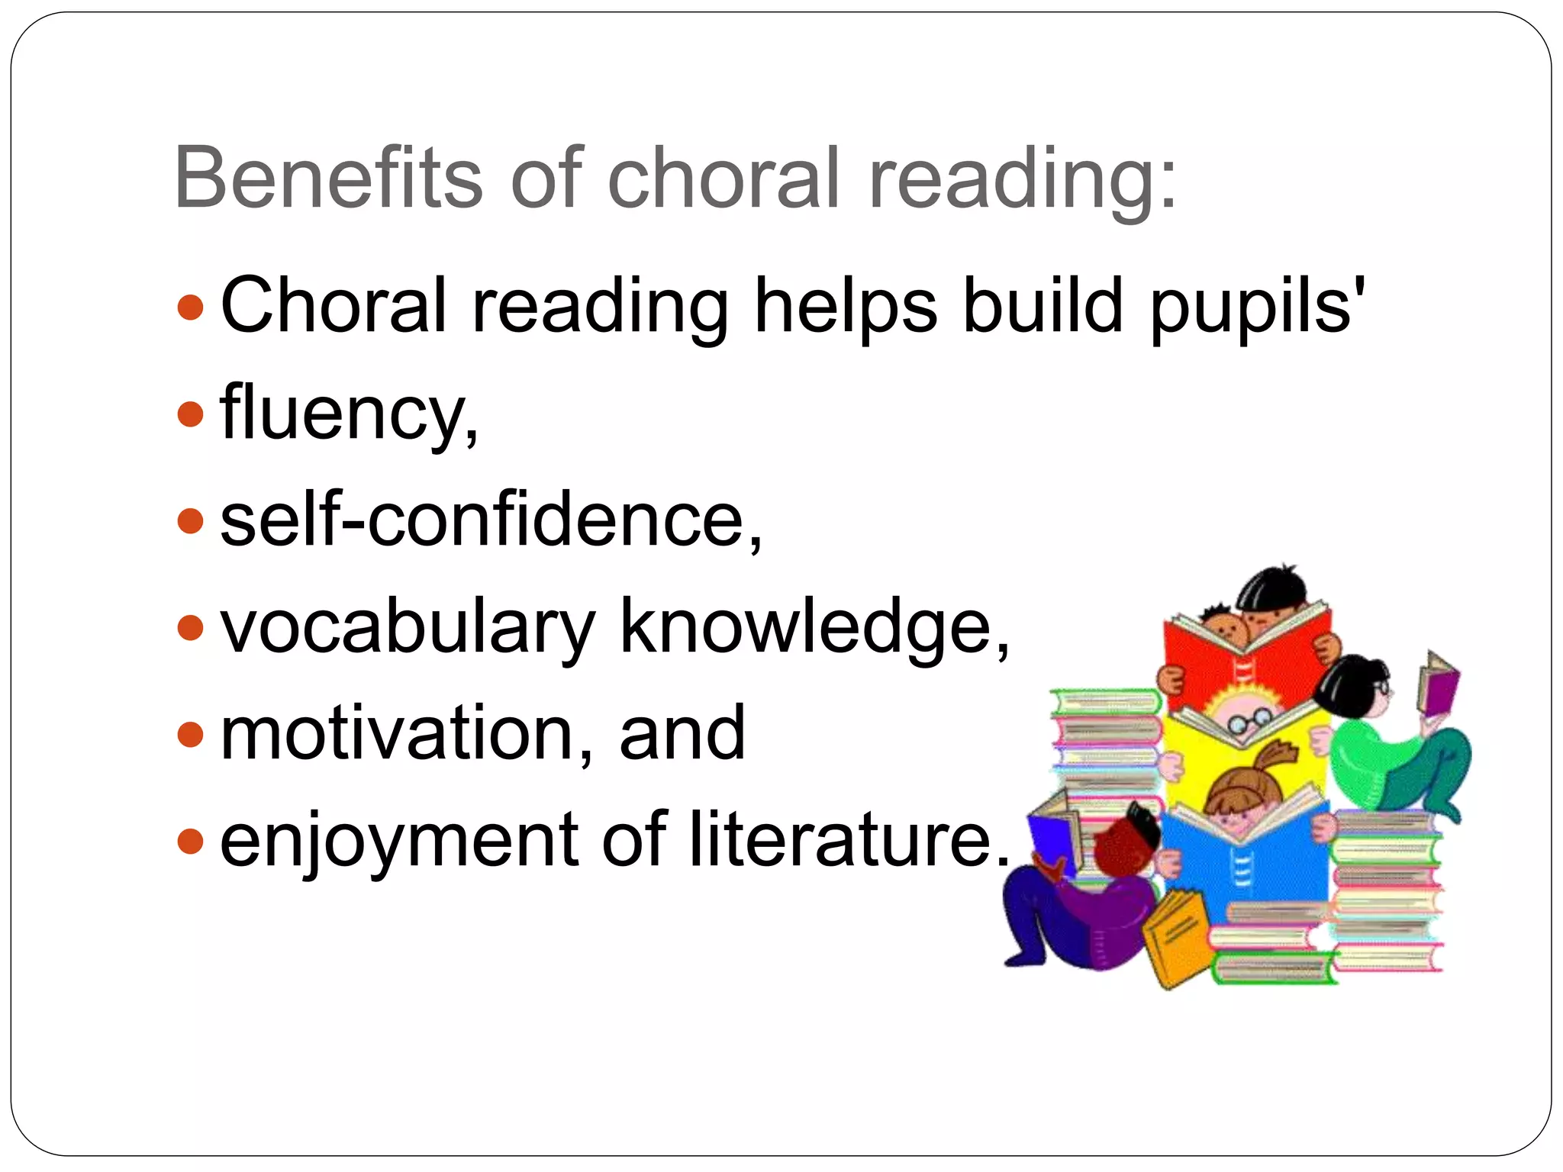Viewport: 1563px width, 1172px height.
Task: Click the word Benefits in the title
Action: click(328, 177)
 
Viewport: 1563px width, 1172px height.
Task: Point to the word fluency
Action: click(348, 414)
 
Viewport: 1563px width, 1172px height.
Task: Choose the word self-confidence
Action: click(490, 521)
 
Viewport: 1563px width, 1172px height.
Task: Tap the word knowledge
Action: click(814, 626)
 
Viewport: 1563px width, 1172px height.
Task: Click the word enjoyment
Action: click(397, 840)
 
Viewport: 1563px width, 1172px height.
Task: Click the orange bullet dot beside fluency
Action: click(190, 414)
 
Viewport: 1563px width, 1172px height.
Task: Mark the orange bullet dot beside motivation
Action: click(190, 735)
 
